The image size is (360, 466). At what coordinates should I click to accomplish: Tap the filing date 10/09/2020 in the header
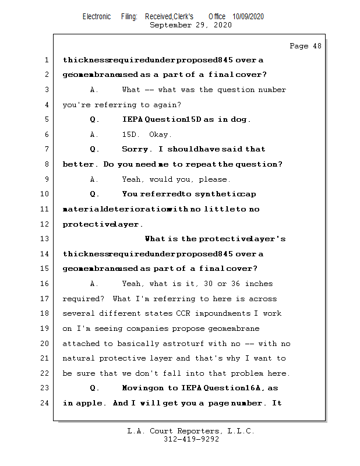coord(248,16)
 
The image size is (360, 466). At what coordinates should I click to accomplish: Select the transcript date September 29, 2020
coord(190,25)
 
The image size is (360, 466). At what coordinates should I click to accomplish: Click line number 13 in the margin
coord(45,239)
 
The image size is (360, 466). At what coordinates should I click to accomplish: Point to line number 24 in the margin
coord(45,403)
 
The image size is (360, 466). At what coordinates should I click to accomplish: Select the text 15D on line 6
coord(129,135)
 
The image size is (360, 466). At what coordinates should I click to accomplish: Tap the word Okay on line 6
coord(160,135)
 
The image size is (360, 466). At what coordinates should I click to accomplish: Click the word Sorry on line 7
coord(135,150)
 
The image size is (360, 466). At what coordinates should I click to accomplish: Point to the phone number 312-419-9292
coord(191,439)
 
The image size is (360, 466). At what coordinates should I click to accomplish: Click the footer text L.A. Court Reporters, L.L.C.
coord(190,431)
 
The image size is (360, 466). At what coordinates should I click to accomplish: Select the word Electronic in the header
coord(97,16)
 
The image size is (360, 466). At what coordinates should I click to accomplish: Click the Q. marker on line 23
coord(94,388)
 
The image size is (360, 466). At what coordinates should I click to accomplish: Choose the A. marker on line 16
coord(94,284)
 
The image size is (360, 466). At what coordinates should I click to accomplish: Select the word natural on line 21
coord(79,358)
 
